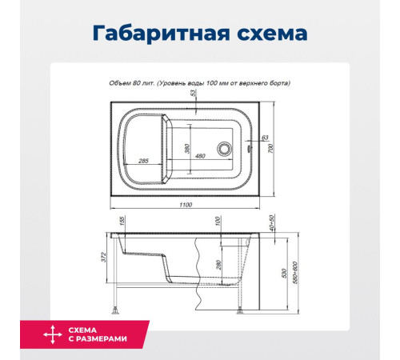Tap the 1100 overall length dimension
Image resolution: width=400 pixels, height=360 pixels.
(186, 205)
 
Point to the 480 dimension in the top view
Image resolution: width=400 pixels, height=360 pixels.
(200, 158)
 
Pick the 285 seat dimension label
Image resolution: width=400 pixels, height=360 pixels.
(144, 161)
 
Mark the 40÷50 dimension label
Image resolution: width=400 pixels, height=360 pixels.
(272, 223)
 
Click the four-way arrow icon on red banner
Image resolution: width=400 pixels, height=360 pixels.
(52, 336)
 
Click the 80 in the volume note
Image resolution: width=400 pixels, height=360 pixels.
(142, 82)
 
